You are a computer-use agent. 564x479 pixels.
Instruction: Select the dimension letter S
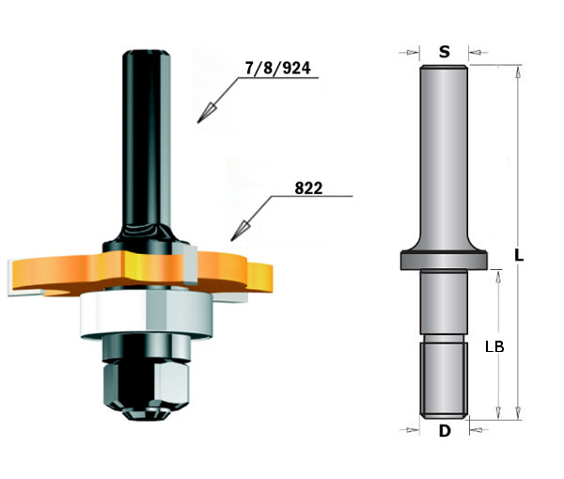click(x=443, y=51)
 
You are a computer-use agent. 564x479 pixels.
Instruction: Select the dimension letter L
click(x=520, y=255)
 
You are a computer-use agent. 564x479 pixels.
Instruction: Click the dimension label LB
click(x=495, y=346)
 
